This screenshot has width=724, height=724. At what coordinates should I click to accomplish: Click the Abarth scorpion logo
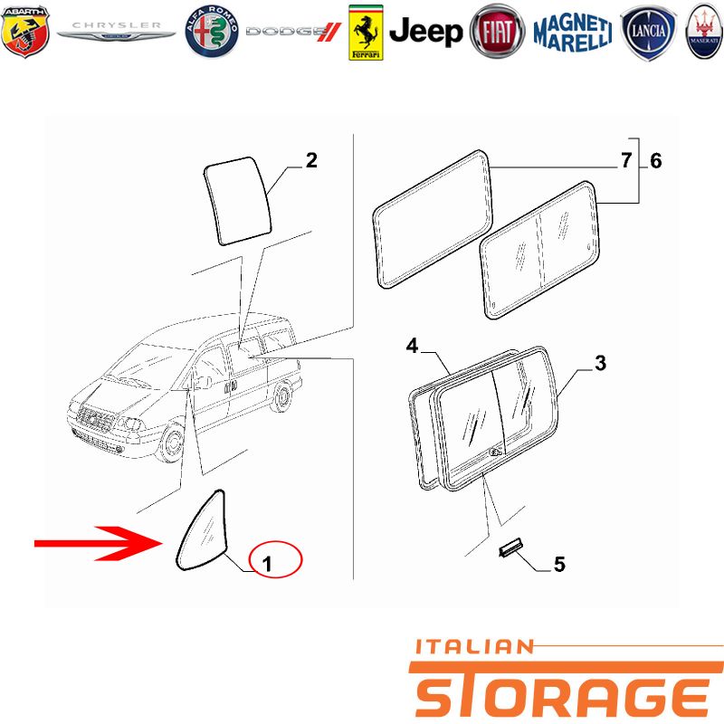(25, 32)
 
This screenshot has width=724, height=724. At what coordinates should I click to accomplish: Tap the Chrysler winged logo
(116, 31)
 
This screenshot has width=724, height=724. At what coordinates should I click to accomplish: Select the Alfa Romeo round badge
(212, 32)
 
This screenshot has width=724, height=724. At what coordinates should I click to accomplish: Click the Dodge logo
(293, 32)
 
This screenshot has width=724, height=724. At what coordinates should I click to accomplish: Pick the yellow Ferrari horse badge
(366, 33)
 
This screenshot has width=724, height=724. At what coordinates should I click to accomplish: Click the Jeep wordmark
(425, 32)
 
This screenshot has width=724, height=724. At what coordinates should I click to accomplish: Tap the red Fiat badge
(497, 32)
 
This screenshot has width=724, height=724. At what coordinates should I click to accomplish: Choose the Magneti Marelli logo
(573, 33)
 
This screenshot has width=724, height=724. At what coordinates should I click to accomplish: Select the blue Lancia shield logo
(648, 33)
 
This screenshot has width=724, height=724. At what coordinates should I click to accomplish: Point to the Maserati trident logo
(704, 32)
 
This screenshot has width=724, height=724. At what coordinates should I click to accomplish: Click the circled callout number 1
(267, 564)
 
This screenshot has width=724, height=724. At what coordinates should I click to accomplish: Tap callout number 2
(311, 161)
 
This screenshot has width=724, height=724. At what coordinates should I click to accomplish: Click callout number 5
(559, 564)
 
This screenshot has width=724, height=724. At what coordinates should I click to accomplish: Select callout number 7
(625, 161)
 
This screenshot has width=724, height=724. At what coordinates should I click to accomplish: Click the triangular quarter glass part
(203, 531)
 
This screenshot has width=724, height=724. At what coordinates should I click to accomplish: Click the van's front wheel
(171, 443)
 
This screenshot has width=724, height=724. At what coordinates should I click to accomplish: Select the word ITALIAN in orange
(475, 646)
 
